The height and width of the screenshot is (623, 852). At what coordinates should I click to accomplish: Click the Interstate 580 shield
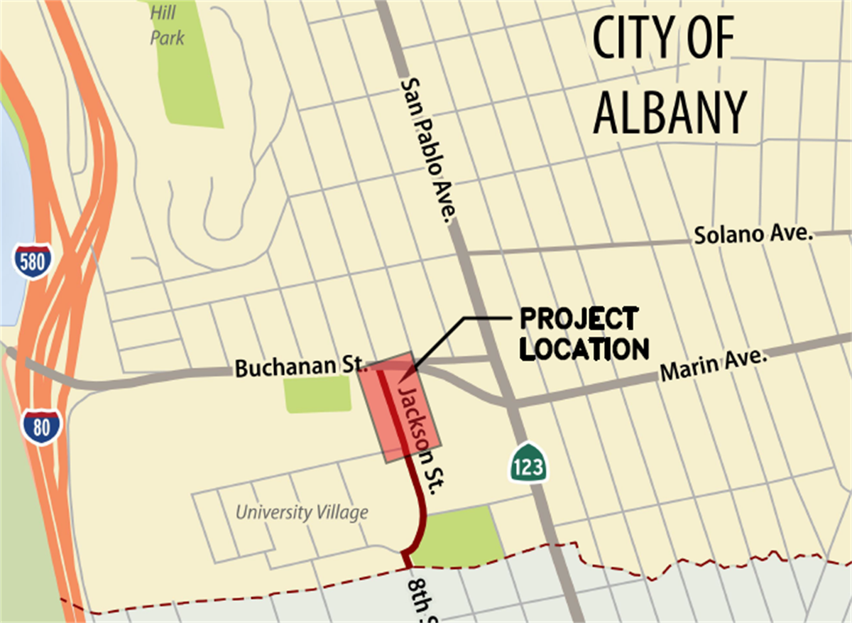point(32,261)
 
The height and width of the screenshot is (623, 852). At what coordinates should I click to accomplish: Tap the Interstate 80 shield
point(41,426)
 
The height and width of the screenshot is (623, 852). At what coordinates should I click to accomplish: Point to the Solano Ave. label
point(753,234)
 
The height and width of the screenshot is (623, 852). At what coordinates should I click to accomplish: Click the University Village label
point(302,512)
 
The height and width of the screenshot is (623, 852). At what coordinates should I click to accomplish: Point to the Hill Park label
point(168,23)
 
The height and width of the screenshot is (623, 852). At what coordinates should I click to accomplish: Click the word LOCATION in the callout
point(584,349)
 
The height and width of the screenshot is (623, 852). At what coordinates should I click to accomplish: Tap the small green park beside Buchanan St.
point(317,394)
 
